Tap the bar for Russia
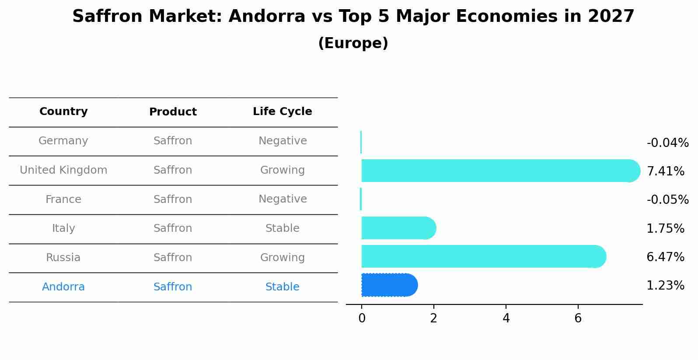(x=481, y=256)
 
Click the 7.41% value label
(x=665, y=171)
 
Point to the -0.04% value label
(x=667, y=143)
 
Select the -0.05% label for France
(x=667, y=200)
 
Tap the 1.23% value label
(x=665, y=286)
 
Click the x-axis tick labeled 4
(x=506, y=318)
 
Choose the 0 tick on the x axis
(x=362, y=318)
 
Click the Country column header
(x=63, y=112)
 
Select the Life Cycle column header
(x=282, y=112)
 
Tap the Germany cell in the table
(x=63, y=141)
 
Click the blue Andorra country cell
(x=63, y=287)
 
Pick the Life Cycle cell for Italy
(x=282, y=228)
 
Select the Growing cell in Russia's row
(x=282, y=258)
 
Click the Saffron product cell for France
(x=173, y=199)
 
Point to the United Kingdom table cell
(x=63, y=170)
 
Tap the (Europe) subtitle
(x=353, y=43)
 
